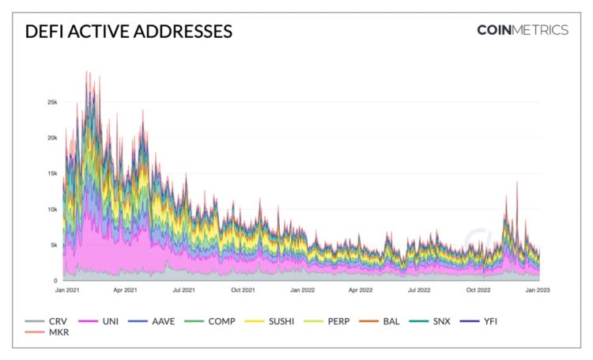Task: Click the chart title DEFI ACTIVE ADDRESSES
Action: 129,32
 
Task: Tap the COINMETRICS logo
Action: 522,30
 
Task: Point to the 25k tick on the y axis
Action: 51,102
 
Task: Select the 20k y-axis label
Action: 51,138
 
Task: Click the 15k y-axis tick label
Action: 51,173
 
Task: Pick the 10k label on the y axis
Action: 51,210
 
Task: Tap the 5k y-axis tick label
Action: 53,245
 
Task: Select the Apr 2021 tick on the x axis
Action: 125,290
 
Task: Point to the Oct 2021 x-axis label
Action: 243,290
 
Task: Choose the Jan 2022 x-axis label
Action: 302,290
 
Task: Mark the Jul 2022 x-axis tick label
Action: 420,290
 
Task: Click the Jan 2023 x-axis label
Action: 537,290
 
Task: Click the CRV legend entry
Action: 47,320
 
